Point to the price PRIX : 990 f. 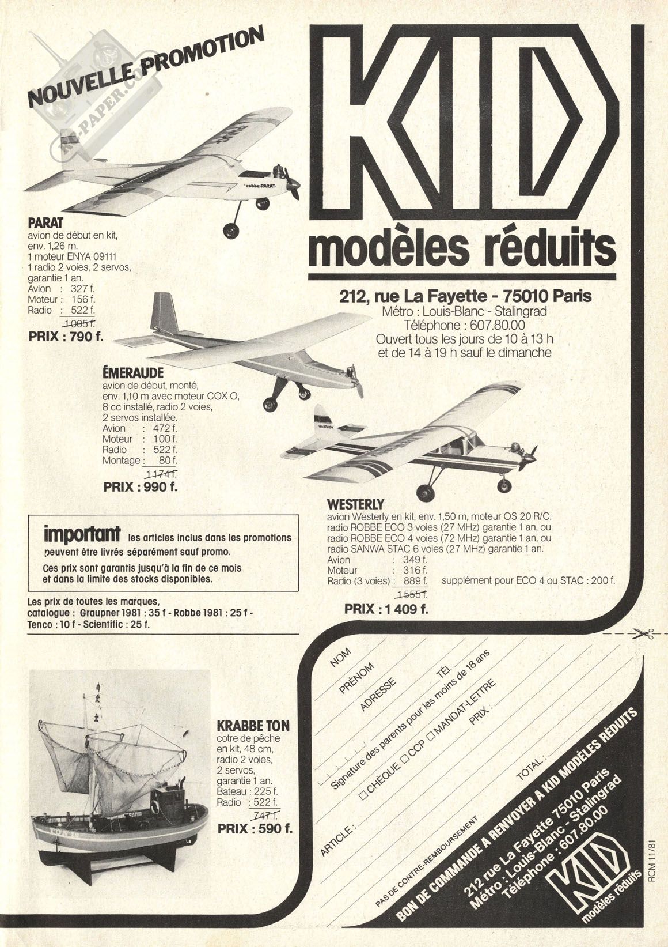pos(141,486)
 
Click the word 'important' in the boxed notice pos(82,533)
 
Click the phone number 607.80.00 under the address pos(493,325)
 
